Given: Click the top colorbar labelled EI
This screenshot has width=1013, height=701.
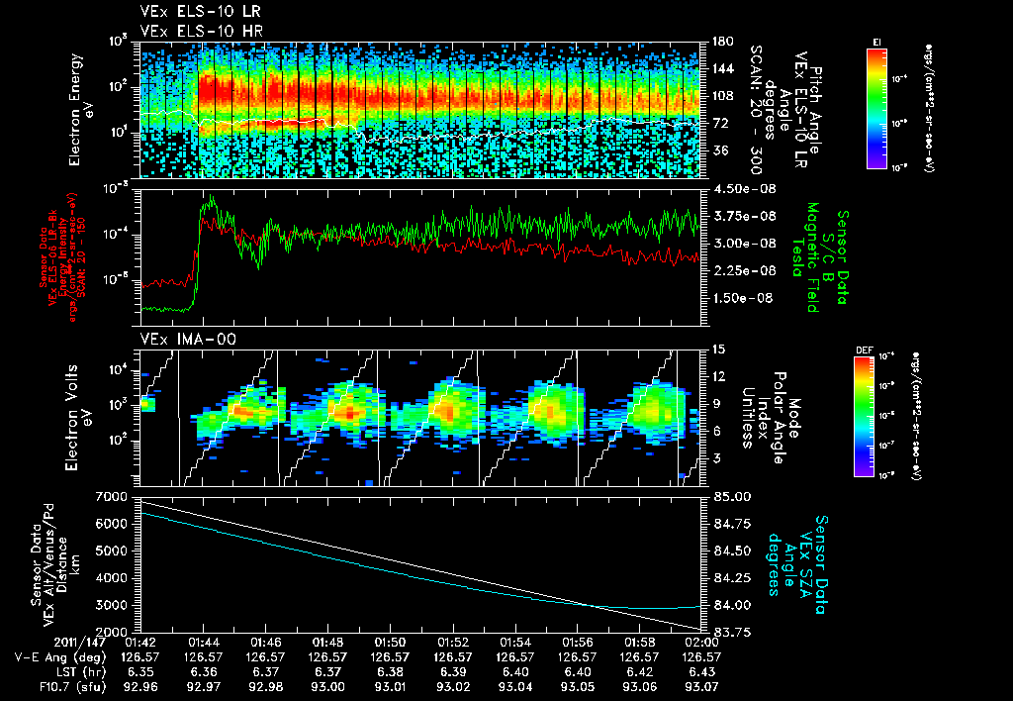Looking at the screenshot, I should [x=875, y=105].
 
